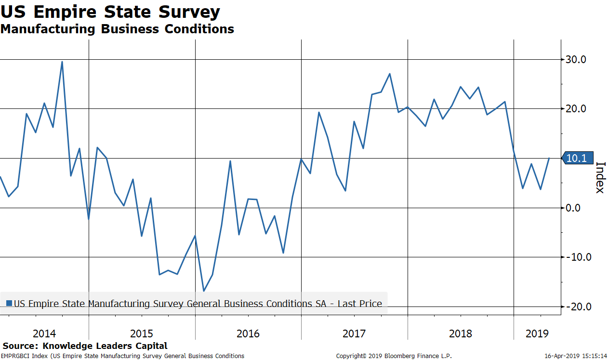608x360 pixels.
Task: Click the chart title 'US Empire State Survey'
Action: click(110, 12)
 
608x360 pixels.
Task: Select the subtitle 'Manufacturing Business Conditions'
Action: click(117, 29)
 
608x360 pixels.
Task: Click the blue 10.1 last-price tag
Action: click(578, 158)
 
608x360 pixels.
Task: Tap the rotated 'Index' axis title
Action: click(600, 177)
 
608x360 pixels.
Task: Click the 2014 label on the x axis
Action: click(44, 333)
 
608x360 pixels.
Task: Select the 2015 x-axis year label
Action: click(142, 333)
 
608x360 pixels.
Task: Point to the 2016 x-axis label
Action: click(248, 333)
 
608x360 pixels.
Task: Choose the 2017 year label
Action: click(354, 333)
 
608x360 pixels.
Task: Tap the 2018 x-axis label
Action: click(461, 333)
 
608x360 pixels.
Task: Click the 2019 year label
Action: click(537, 333)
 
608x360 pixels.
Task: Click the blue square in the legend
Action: click(9, 304)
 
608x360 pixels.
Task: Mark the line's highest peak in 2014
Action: click(62, 62)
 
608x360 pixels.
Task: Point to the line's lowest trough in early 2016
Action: click(204, 291)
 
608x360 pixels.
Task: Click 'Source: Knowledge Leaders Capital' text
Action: click(85, 346)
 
